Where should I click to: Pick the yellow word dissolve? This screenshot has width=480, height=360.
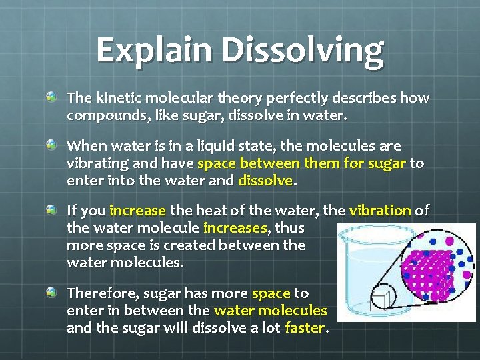point(265,180)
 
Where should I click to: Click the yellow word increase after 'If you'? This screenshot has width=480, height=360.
point(137,211)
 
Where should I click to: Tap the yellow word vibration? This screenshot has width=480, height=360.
point(379,211)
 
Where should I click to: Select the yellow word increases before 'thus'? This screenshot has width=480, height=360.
point(235,228)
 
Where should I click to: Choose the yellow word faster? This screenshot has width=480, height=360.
point(304,328)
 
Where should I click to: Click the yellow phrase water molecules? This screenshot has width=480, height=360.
point(270,311)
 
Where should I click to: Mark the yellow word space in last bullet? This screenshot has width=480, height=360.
point(270,293)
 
